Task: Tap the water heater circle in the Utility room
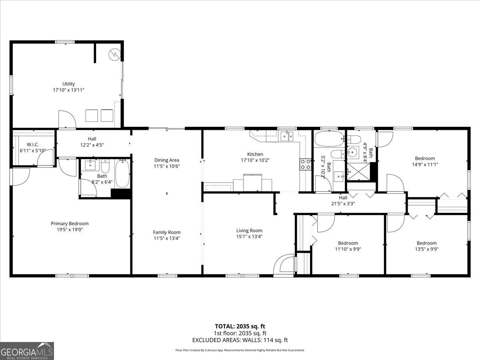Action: point(114,54)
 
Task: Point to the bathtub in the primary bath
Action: point(122,174)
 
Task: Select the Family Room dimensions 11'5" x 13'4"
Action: point(166,238)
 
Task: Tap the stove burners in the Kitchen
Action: point(306,164)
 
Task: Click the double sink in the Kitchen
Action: point(286,136)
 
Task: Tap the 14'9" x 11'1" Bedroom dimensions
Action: point(424,164)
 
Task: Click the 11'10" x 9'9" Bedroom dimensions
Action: point(348,249)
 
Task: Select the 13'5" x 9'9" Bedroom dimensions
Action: point(426,249)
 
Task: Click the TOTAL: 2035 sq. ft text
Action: point(240,326)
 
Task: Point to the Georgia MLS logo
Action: point(27,351)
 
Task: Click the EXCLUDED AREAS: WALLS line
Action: point(240,340)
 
